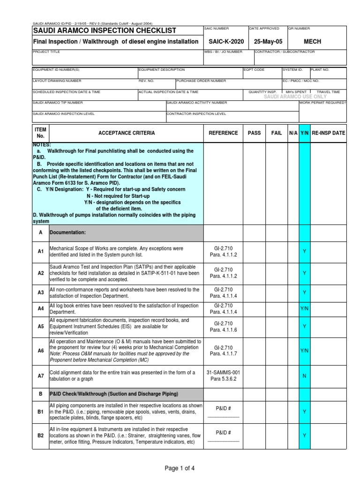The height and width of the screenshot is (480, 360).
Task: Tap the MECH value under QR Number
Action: (x=313, y=42)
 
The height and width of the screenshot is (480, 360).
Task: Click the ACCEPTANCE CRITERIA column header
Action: (x=127, y=133)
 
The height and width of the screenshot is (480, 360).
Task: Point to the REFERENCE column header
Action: (x=223, y=133)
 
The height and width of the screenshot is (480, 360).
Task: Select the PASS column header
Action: (x=254, y=133)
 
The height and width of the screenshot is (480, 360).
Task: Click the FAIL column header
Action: (x=277, y=133)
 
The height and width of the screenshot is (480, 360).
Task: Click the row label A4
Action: (x=40, y=309)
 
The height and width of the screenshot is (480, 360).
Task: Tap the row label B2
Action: (x=40, y=435)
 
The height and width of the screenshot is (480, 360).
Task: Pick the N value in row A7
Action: (x=304, y=376)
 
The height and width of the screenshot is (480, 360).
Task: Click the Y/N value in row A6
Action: (x=304, y=351)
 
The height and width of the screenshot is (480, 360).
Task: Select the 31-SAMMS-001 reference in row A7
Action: (x=223, y=373)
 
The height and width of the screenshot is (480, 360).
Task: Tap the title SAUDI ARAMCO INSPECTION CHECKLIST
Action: (x=105, y=31)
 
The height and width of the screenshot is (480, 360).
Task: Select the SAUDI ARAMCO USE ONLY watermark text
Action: (x=295, y=97)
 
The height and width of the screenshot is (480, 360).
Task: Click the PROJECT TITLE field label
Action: (x=46, y=52)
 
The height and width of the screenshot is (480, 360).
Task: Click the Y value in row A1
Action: (x=304, y=252)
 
